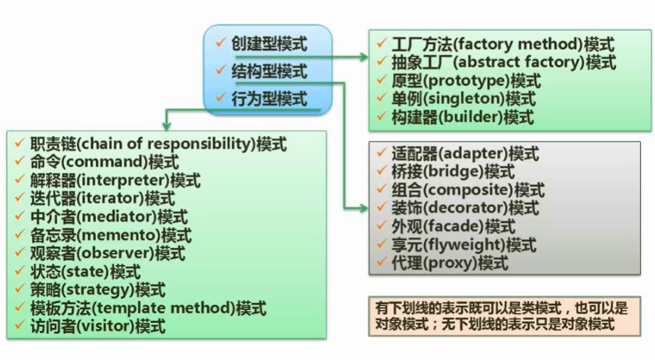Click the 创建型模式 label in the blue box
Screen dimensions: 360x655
tap(269, 44)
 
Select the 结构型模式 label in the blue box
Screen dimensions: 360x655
tap(269, 71)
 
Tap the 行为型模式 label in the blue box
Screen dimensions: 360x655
tap(269, 99)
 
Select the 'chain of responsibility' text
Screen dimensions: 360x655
tap(166, 144)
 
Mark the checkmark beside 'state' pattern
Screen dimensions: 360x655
tap(20, 272)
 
